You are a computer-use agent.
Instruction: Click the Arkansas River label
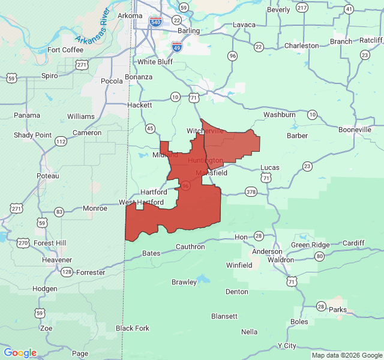tap(96, 27)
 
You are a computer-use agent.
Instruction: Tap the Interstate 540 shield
tap(156, 22)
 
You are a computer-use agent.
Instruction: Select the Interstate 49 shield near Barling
tap(177, 46)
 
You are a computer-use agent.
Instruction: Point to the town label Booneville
tap(355, 130)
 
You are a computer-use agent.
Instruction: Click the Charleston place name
tap(302, 46)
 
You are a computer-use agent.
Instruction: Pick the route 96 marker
tap(232, 56)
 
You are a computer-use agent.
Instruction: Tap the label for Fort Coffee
tap(65, 50)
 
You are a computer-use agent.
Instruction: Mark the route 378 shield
tap(251, 192)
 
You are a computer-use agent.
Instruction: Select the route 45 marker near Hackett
tap(150, 128)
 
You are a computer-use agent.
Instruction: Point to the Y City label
tap(287, 346)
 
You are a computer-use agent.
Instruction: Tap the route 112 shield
tap(61, 141)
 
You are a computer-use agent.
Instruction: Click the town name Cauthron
tap(190, 247)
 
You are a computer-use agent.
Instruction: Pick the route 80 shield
tap(319, 256)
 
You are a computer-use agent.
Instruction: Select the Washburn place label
tap(279, 115)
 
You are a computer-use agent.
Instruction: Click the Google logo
tap(20, 353)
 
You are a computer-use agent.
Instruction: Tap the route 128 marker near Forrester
tap(67, 272)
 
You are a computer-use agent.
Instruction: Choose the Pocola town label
tap(112, 81)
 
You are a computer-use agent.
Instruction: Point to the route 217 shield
tap(302, 8)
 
